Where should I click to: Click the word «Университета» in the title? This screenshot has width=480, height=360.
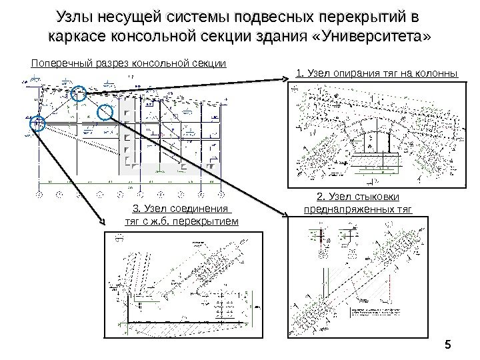pyautogui.click(x=369, y=36)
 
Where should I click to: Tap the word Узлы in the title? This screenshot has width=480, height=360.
pyautogui.click(x=75, y=16)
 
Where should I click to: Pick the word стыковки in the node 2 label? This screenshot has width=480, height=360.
pyautogui.click(x=373, y=197)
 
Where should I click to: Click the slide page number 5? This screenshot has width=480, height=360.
pyautogui.click(x=447, y=345)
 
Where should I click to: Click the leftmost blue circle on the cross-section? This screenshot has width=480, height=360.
pyautogui.click(x=37, y=123)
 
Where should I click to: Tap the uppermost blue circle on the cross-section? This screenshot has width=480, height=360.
pyautogui.click(x=79, y=95)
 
